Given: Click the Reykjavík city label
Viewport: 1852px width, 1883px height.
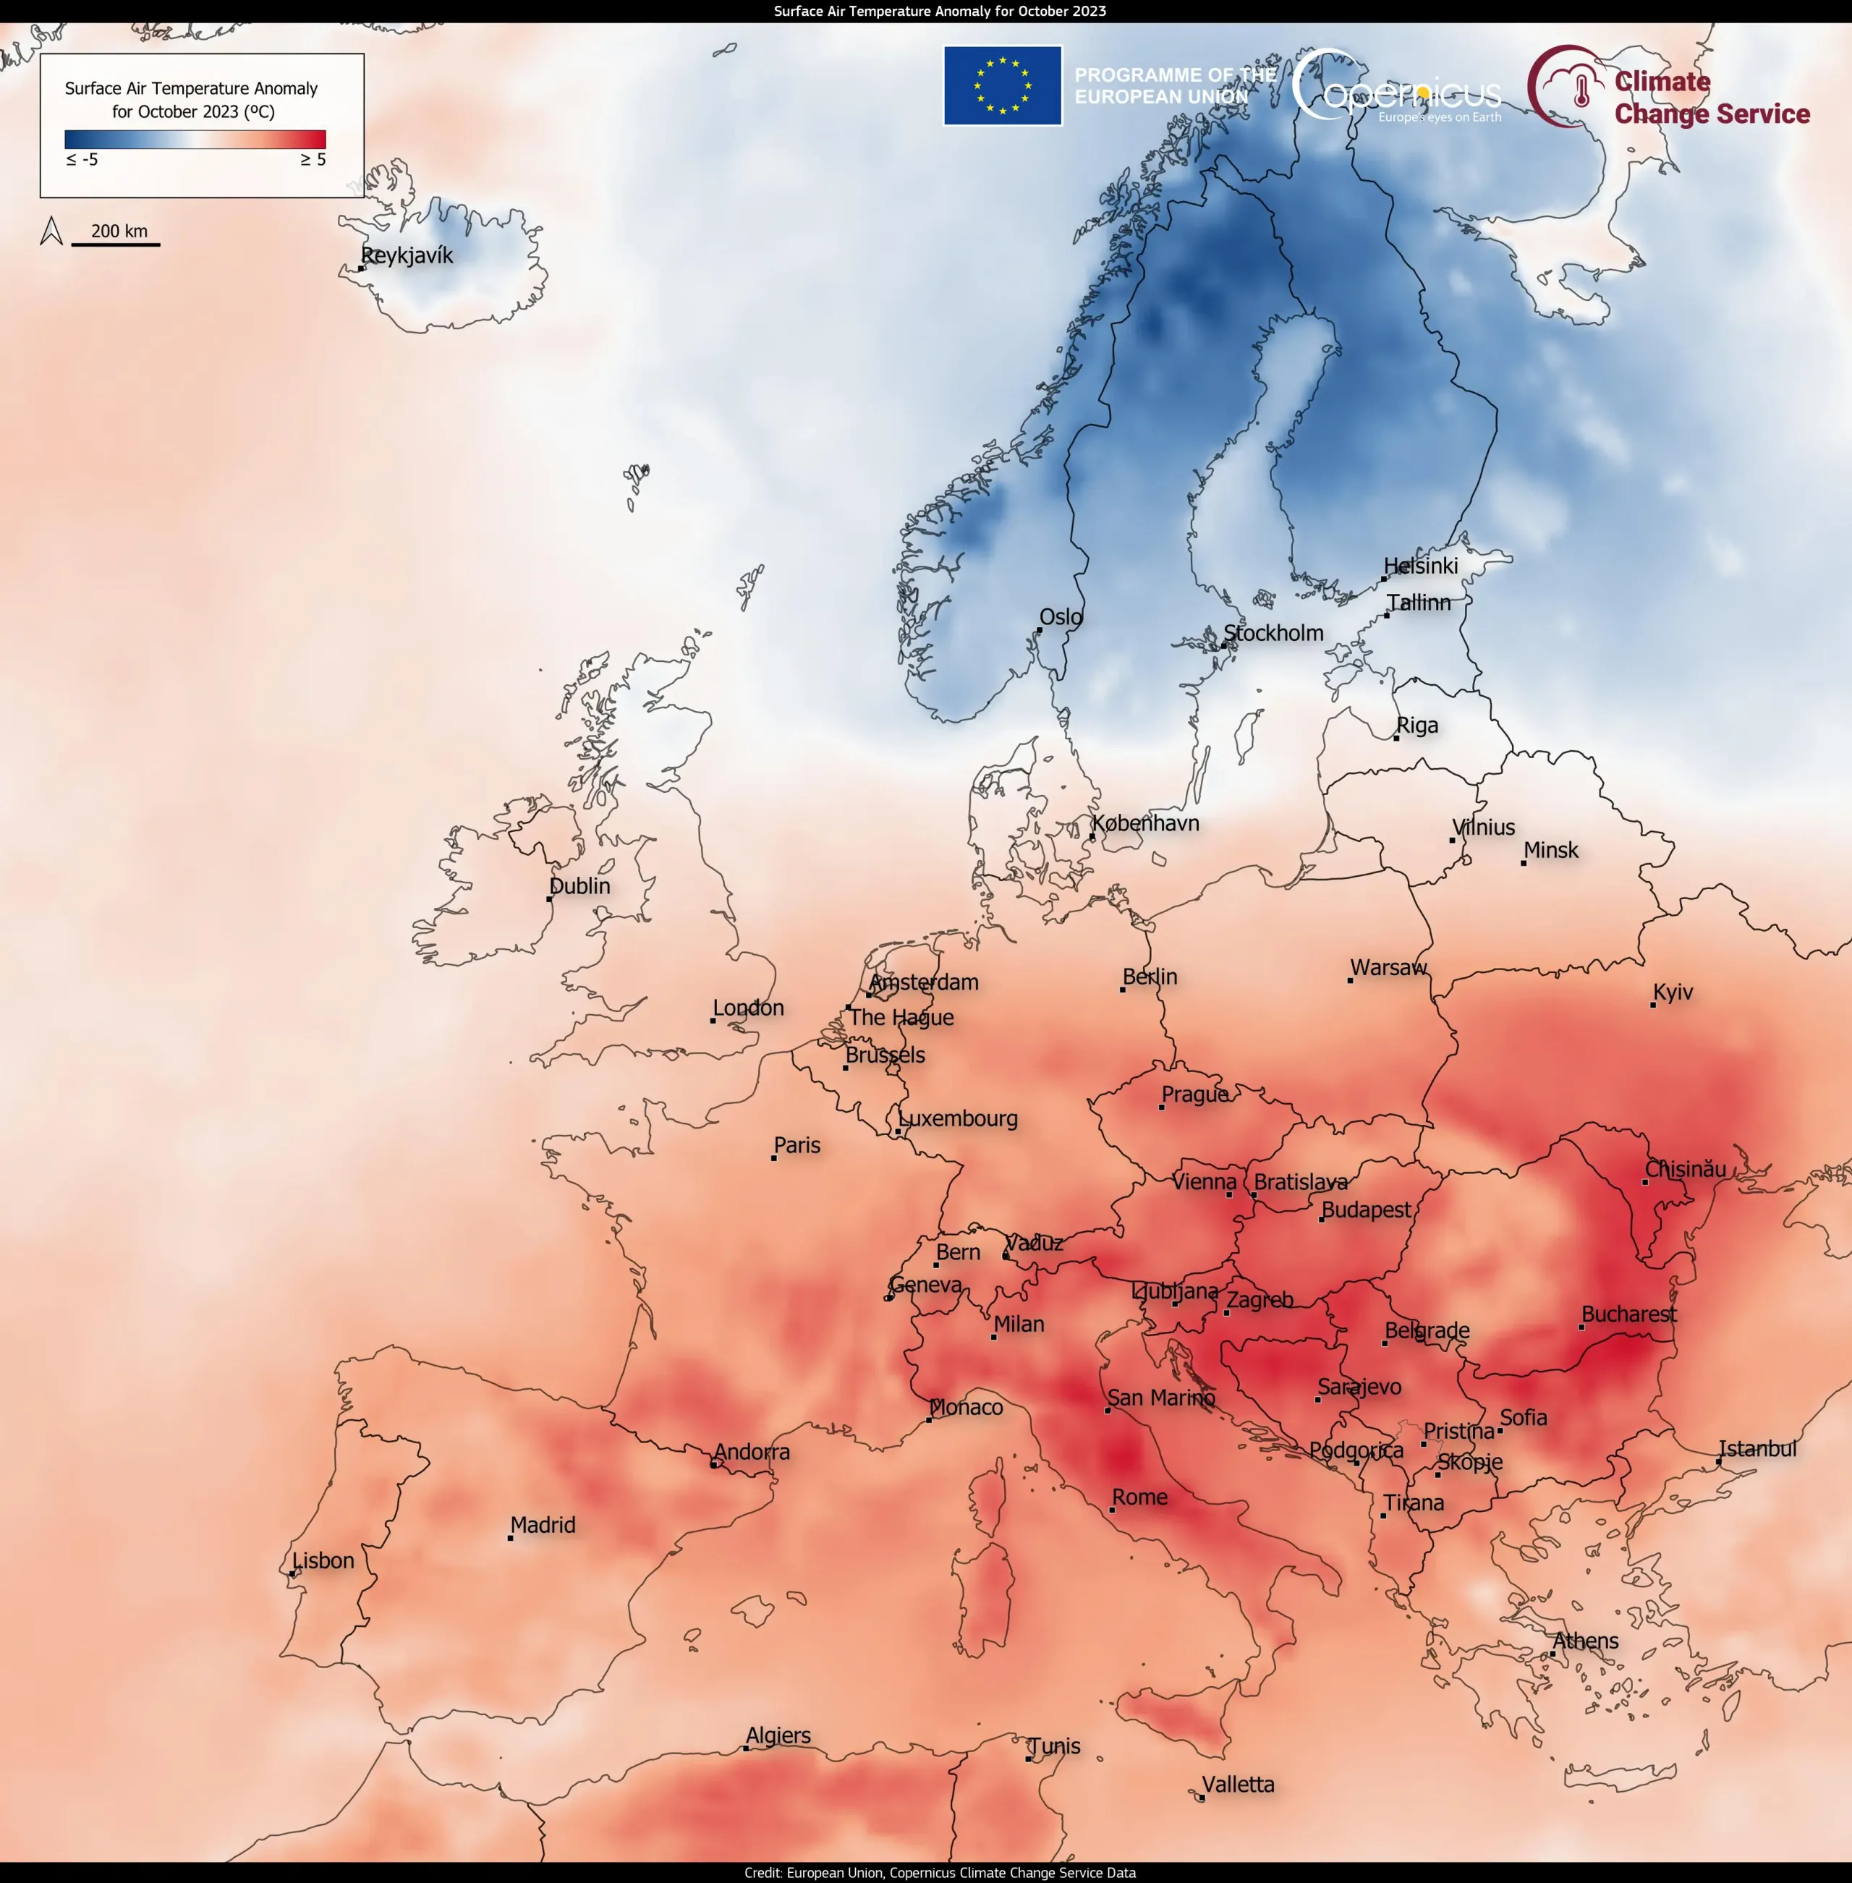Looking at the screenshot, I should tap(407, 256).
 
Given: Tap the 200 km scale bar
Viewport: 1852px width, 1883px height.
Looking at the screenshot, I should tap(116, 243).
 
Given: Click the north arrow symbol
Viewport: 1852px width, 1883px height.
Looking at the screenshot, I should tap(51, 231).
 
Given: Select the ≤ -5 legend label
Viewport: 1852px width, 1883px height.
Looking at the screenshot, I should tap(82, 160).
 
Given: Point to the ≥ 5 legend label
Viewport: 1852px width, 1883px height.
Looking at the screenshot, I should tap(313, 160).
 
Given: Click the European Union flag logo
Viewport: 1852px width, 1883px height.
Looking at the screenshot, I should tap(1002, 85).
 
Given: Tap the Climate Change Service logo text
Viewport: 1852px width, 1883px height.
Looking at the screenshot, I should tap(1711, 97).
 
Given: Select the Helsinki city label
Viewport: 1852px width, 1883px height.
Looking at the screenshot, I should tap(1421, 566).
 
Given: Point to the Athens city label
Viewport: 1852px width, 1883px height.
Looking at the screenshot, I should tap(1586, 1641).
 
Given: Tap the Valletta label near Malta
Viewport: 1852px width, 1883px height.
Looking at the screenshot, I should tap(1237, 1784).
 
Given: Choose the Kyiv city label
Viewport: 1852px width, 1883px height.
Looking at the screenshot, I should tap(1673, 992).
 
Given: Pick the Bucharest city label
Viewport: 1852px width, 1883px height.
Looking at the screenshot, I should tap(1628, 1314).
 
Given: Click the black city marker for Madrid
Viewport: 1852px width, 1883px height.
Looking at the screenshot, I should tap(511, 1538).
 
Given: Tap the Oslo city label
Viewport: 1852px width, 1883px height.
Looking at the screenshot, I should tap(1061, 616).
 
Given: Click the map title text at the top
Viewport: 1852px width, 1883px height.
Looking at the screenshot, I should tap(940, 12).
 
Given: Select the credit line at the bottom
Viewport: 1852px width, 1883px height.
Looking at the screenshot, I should tap(940, 1872).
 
